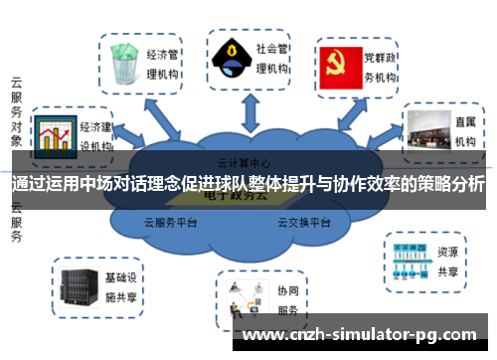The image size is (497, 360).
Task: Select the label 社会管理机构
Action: (x=271, y=59)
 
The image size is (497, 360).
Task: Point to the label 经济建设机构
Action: (x=97, y=135)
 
